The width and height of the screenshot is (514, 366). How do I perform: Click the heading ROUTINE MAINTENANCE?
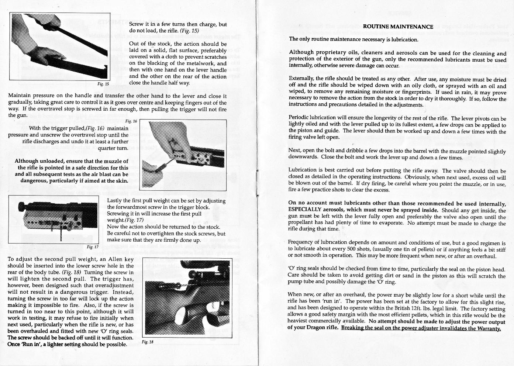(x=398, y=27)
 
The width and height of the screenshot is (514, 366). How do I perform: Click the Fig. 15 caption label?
(x=103, y=84)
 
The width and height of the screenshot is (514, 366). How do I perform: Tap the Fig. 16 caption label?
(x=131, y=121)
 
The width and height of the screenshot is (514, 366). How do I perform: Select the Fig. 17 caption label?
(x=92, y=247)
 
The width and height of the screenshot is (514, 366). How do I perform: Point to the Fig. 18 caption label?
(x=147, y=342)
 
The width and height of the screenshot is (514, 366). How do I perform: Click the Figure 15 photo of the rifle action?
(x=59, y=46)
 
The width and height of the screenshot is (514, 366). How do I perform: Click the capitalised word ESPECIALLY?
(x=306, y=210)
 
